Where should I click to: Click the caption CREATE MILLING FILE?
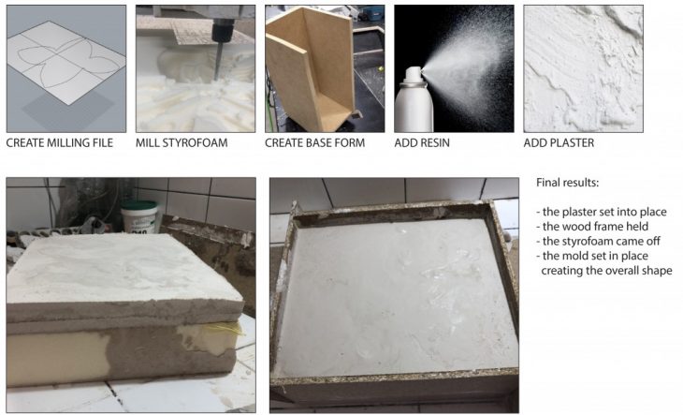(x=60, y=143)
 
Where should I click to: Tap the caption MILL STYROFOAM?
(x=182, y=143)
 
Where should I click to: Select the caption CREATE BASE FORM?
(x=315, y=143)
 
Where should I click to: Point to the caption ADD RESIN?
(x=422, y=143)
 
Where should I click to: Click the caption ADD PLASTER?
(x=559, y=143)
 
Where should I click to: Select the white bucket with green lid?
(x=139, y=216)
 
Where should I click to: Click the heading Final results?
(x=568, y=183)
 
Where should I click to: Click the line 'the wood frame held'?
(x=592, y=227)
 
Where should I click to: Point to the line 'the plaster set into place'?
(x=602, y=213)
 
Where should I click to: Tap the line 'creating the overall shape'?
(x=607, y=271)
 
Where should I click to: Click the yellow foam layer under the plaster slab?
(x=57, y=359)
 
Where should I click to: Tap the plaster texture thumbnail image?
(x=583, y=69)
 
